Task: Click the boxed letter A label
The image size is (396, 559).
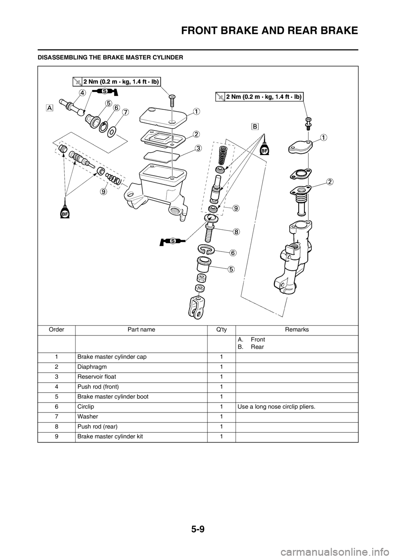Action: click(49, 108)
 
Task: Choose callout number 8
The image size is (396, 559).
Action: click(236, 231)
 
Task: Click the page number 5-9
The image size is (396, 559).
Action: click(198, 529)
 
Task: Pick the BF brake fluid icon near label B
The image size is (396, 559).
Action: click(265, 149)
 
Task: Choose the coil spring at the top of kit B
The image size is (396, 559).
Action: click(222, 155)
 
